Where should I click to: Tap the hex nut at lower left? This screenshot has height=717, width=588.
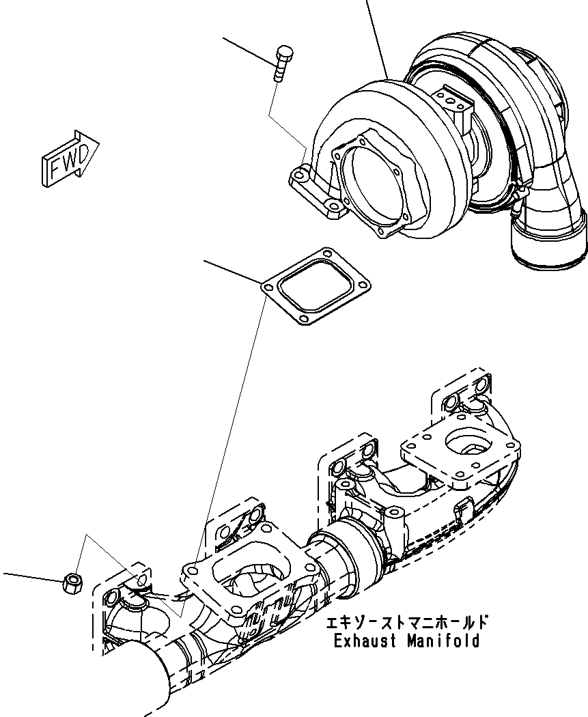click(72, 583)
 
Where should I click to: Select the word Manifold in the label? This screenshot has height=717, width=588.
click(443, 641)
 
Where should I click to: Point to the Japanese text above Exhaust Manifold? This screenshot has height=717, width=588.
click(406, 622)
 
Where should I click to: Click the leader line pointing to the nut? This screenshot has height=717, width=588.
click(31, 576)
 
